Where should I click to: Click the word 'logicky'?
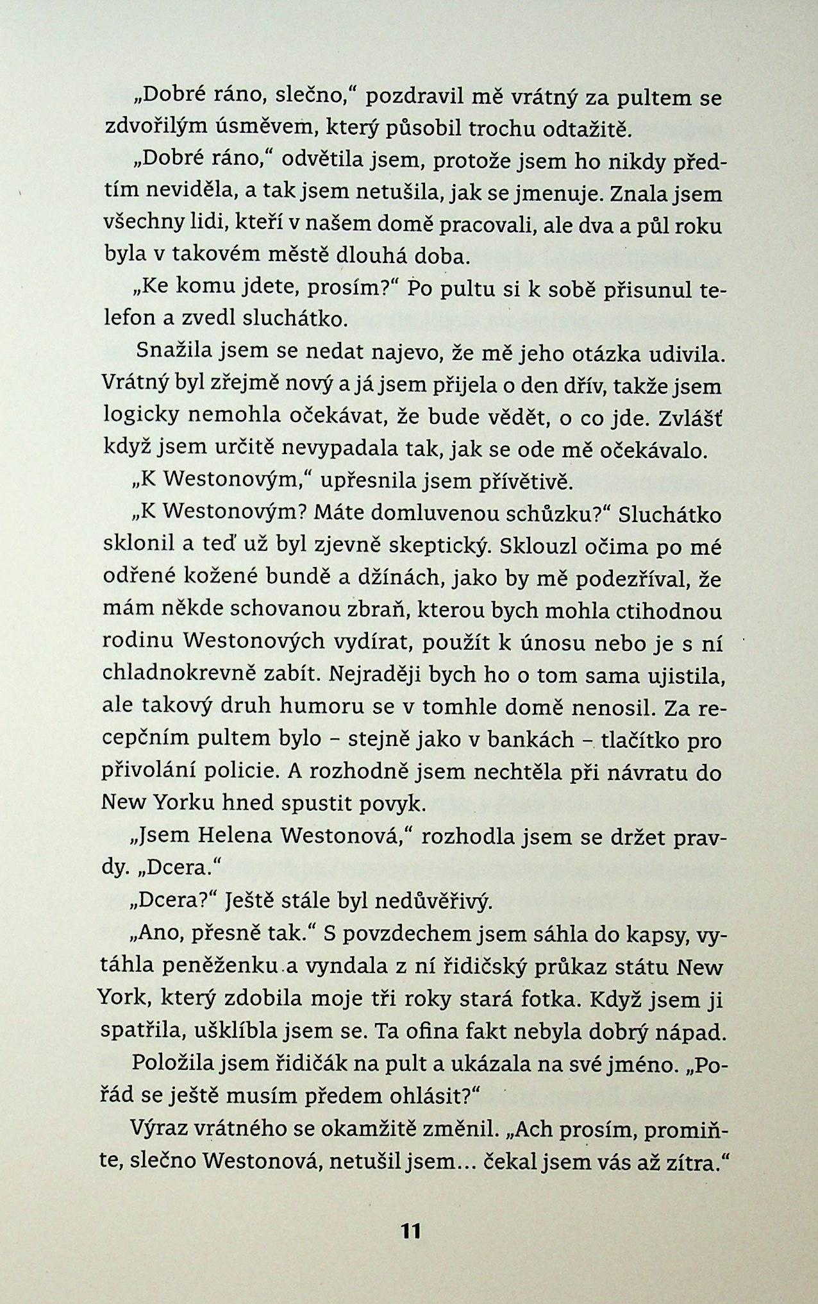click(140, 416)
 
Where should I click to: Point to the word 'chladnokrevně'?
click(179, 675)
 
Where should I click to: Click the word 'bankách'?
click(530, 739)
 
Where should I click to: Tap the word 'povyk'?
click(394, 803)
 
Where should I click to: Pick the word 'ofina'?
click(438, 1031)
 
